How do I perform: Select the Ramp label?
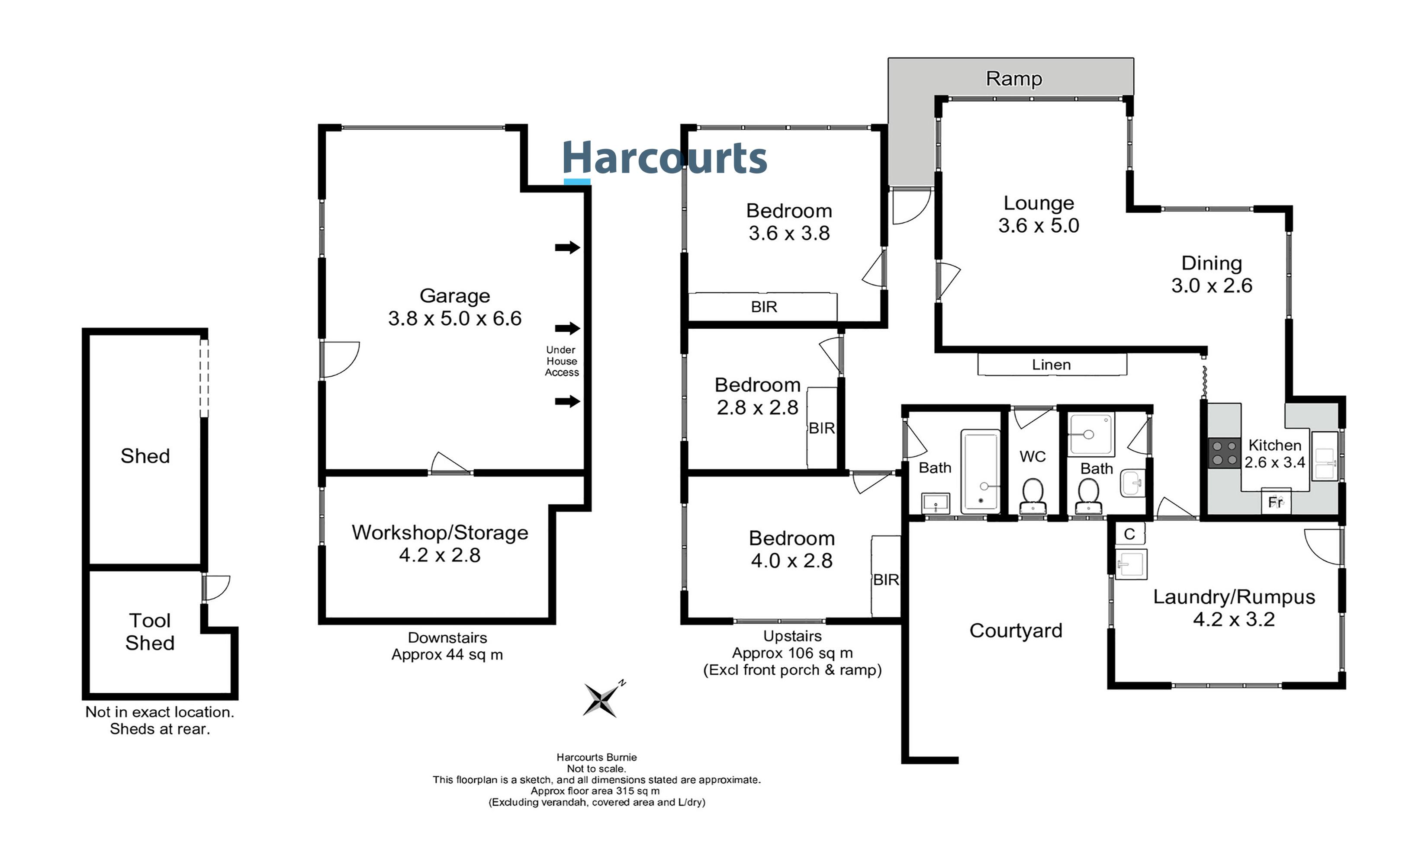[x=1013, y=78]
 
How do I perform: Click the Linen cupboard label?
[x=1051, y=365]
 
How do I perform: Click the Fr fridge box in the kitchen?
[x=1276, y=502]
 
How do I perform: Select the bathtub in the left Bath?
[x=980, y=471]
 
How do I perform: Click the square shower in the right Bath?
[x=1091, y=434]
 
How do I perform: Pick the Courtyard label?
[x=1015, y=630]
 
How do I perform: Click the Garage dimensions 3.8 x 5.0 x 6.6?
[x=455, y=318]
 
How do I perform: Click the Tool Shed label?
[x=150, y=631]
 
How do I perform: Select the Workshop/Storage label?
[x=440, y=532]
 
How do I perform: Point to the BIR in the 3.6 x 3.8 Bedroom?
[x=763, y=307]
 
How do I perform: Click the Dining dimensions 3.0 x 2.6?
[x=1211, y=285]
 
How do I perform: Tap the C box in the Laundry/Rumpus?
[x=1129, y=534]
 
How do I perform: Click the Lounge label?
[x=1039, y=203]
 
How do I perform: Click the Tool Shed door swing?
[x=217, y=587]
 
